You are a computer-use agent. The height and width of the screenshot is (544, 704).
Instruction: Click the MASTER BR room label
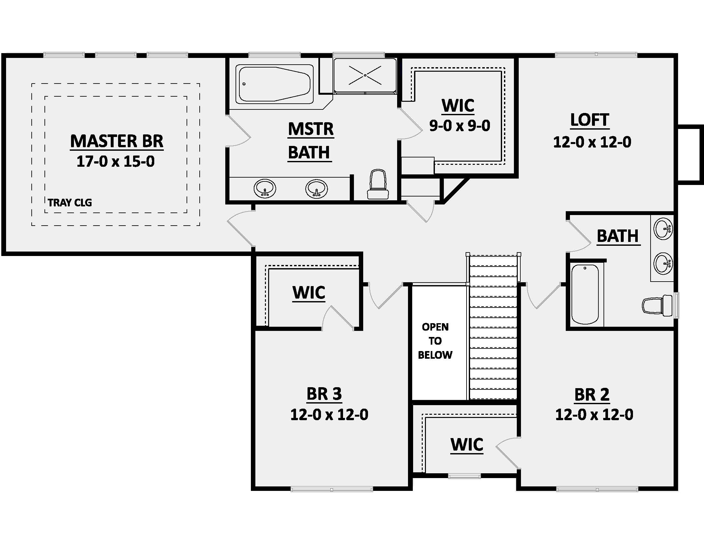117,141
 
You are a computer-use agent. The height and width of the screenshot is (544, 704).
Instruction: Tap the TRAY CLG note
70,203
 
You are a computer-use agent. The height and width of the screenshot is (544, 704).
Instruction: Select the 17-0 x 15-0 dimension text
116,162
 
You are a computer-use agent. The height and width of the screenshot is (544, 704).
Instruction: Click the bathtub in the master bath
274,84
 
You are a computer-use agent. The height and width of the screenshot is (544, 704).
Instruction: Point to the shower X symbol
365,76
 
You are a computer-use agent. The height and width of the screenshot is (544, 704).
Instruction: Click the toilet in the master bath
378,185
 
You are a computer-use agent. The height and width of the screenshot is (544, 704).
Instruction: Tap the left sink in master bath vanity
265,188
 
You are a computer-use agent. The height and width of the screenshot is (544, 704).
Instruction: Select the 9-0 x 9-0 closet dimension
460,126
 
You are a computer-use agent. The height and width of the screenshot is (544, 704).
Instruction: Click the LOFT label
589,120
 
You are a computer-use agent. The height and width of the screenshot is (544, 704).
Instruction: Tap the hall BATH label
618,236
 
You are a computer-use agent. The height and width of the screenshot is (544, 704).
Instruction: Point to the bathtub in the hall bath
585,294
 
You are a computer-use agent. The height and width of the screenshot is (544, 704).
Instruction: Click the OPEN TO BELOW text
435,341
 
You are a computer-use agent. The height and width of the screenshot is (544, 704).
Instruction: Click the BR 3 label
324,394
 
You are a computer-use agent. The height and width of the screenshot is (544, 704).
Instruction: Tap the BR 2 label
592,395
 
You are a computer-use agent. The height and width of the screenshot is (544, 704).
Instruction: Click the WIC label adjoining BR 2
467,445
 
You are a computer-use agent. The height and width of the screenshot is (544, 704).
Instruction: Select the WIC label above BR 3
309,292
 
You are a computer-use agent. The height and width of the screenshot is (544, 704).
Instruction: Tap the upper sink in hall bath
663,229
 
